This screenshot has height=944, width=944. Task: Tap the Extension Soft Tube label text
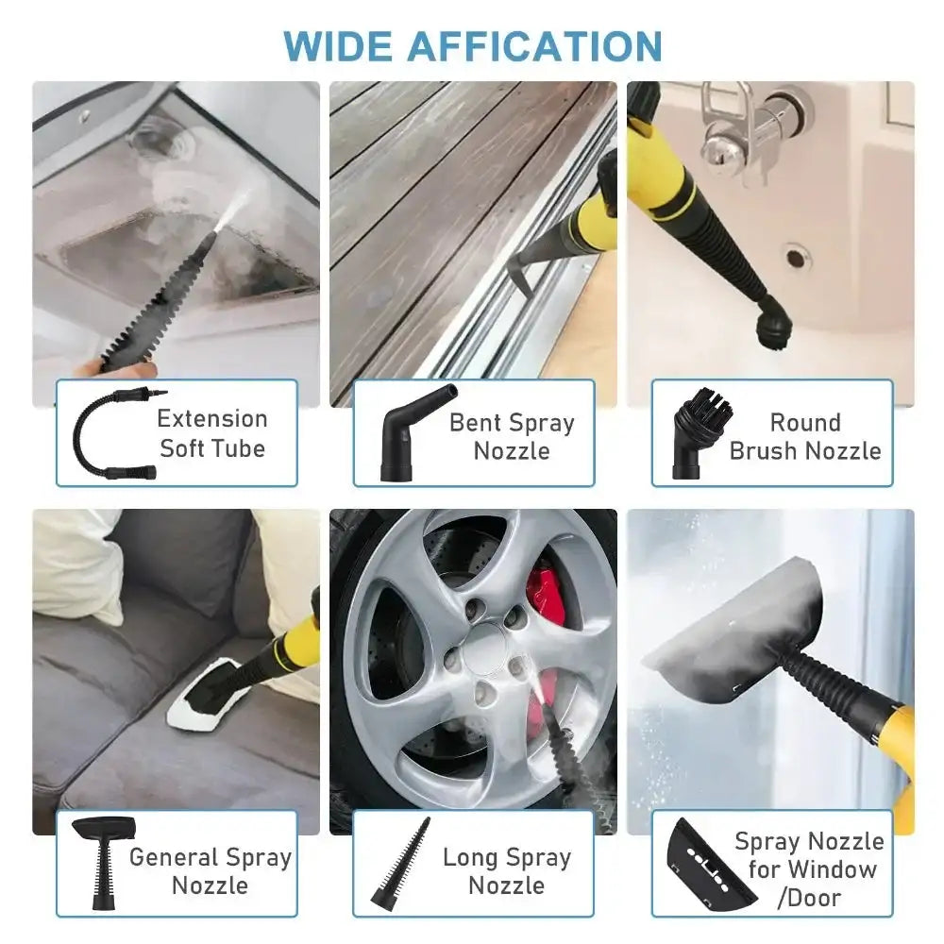click(x=212, y=433)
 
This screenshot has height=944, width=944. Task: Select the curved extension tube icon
click(x=108, y=433)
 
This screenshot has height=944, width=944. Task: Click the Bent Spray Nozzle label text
click(x=512, y=436)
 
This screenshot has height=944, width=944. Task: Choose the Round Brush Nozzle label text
click(x=805, y=436)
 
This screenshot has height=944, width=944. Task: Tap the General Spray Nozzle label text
click(x=210, y=870)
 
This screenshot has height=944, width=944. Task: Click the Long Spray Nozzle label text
click(x=507, y=870)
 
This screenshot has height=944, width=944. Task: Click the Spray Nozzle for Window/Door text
click(x=808, y=868)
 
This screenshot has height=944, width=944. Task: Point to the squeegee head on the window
click(x=732, y=628)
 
